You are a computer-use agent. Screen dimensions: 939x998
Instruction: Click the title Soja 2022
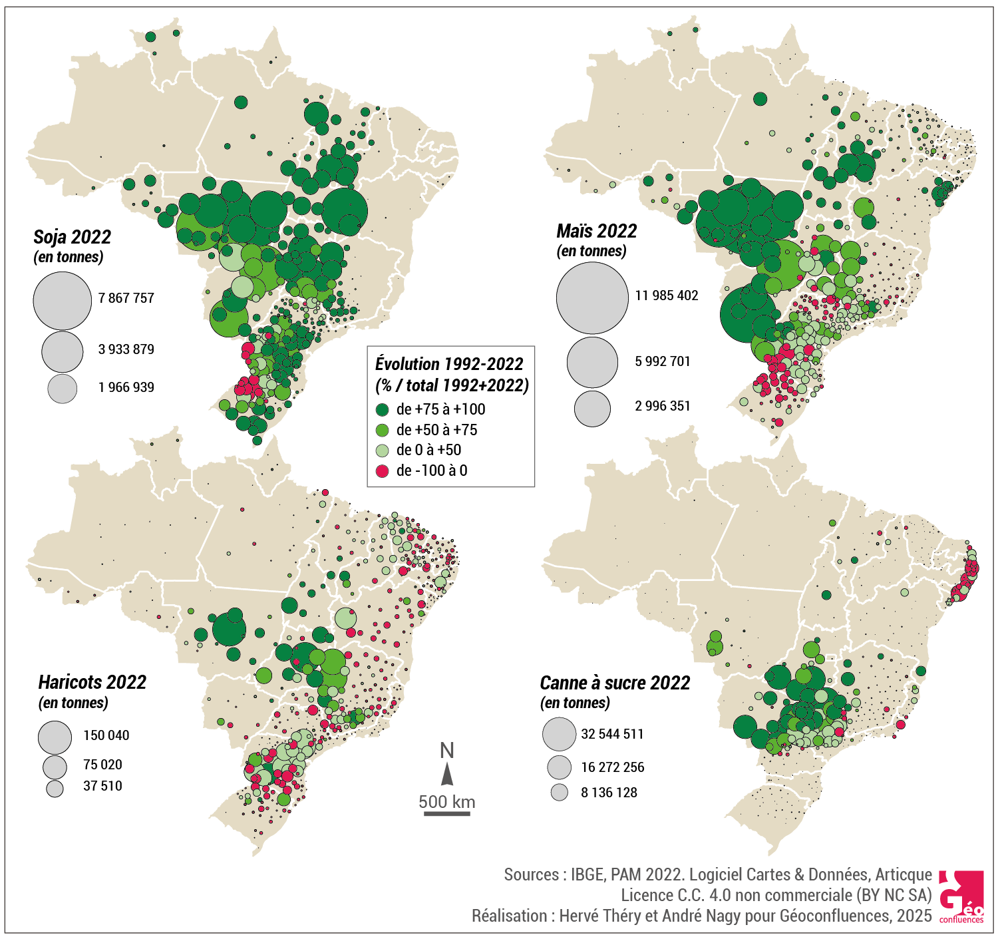pos(72,237)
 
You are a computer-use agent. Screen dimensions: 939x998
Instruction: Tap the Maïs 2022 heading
pos(596,231)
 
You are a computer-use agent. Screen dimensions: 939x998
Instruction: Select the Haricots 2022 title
pos(92,682)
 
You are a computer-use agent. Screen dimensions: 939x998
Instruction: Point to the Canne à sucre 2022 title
pos(615,683)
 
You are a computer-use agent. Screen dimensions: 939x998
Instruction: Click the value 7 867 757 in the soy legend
pos(126,298)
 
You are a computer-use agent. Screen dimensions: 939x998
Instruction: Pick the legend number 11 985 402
pos(666,295)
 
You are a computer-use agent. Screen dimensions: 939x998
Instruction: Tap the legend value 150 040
pos(106,735)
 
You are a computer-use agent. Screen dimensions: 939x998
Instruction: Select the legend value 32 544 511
pos(612,734)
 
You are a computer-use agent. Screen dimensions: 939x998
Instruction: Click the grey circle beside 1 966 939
pos(63,388)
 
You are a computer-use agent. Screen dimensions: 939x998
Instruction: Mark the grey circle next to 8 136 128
pos(560,793)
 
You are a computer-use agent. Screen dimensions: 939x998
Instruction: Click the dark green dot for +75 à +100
pos(382,409)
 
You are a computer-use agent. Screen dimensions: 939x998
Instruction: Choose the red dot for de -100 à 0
pos(382,471)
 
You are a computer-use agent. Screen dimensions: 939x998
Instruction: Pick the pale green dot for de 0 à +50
pos(382,451)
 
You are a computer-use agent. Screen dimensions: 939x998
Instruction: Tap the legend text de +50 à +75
pos(436,430)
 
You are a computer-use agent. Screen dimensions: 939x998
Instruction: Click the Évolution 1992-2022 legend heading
pos(449,364)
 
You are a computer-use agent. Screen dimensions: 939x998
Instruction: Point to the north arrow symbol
pos(447,774)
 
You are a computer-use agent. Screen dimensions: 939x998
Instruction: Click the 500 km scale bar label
pos(446,801)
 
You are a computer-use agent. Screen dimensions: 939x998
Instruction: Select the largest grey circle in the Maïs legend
pos(591,298)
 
